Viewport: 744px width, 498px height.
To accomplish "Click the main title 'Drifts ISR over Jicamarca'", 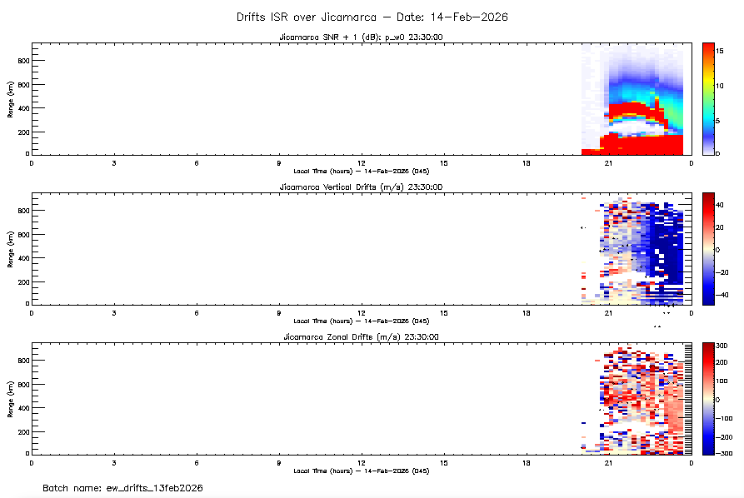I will click(372, 17).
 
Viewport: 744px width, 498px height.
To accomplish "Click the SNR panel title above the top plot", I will click(361, 37).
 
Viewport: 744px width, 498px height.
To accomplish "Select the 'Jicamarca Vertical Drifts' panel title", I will click(361, 187).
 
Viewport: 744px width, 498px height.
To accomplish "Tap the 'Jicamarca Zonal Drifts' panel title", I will click(361, 336).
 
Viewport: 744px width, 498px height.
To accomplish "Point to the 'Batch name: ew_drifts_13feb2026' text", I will click(123, 487).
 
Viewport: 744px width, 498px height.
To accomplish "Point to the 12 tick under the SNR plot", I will click(362, 162).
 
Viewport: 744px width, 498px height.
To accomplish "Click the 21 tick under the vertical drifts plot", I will click(608, 312).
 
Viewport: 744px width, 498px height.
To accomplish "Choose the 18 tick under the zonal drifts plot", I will click(527, 462).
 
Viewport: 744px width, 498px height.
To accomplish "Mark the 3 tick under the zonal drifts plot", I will click(113, 462).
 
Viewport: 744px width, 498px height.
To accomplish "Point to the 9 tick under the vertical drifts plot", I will click(279, 312).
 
